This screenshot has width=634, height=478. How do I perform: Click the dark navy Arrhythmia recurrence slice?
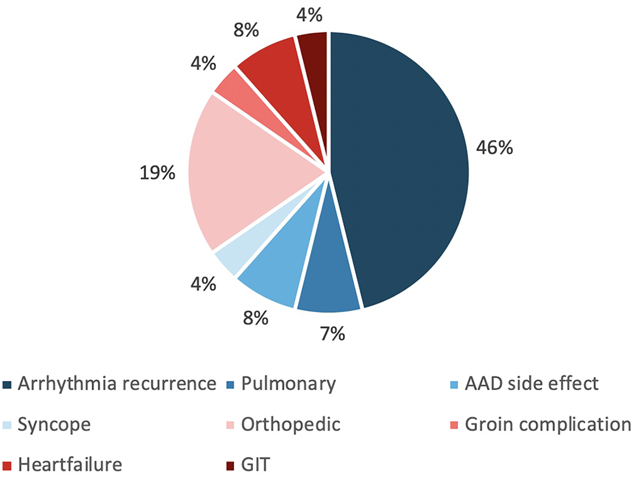point(402,168)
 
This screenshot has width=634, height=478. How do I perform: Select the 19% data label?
point(157,174)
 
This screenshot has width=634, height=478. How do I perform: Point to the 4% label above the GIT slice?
point(309,16)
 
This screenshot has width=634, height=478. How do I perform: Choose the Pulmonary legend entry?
point(288,384)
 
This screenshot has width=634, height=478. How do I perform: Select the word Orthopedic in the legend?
point(291,424)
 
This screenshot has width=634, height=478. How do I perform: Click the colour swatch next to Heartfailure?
point(8,465)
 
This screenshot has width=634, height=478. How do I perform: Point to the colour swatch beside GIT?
point(230,465)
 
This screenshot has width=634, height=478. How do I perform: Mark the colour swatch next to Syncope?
point(8,425)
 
